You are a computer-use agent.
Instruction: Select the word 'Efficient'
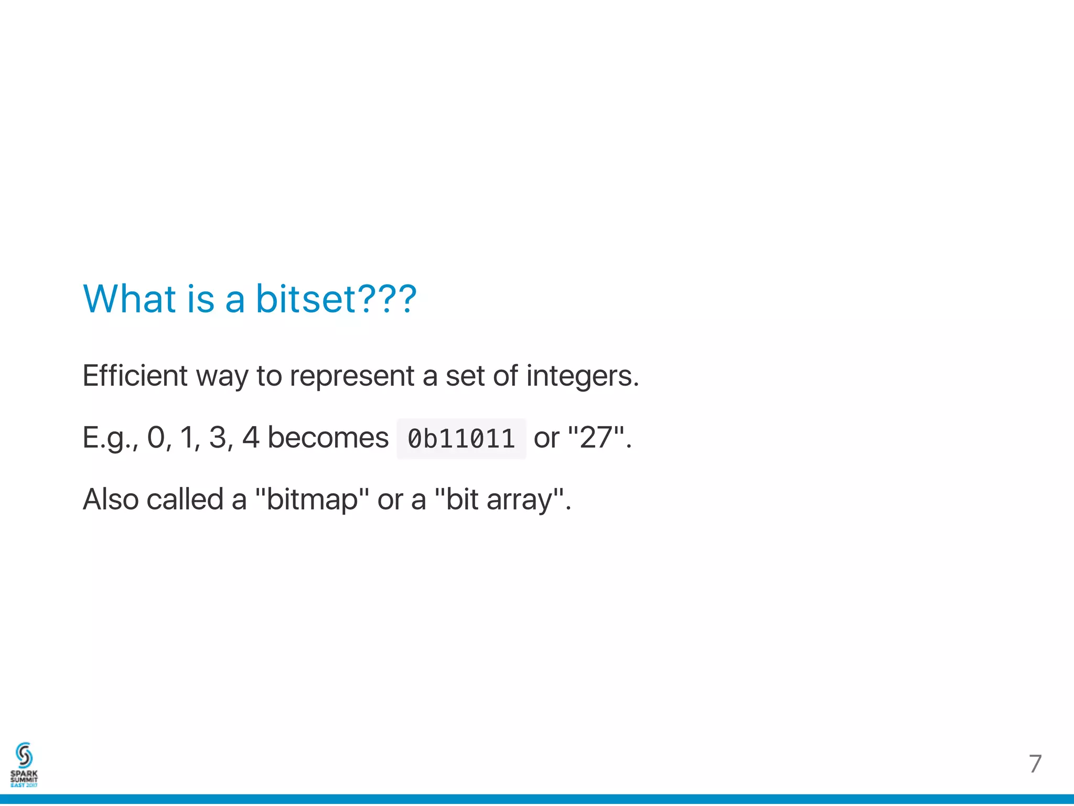click(135, 376)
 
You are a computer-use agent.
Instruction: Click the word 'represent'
click(352, 376)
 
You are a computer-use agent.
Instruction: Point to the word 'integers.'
click(582, 376)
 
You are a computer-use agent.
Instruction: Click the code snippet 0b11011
click(461, 439)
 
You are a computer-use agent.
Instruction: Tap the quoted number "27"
click(596, 438)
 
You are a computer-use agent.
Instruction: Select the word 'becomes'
click(328, 438)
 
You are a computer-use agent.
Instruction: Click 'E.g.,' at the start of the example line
click(110, 438)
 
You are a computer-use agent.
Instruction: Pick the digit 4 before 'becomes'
click(251, 438)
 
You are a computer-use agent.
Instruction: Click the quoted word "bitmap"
click(312, 499)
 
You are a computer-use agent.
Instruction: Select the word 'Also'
click(110, 499)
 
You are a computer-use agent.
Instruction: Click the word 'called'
click(185, 499)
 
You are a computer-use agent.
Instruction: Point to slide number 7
click(1035, 764)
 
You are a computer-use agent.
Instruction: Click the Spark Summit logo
click(24, 765)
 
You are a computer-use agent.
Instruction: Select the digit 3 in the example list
click(217, 438)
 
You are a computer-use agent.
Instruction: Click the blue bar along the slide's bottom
click(537, 800)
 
